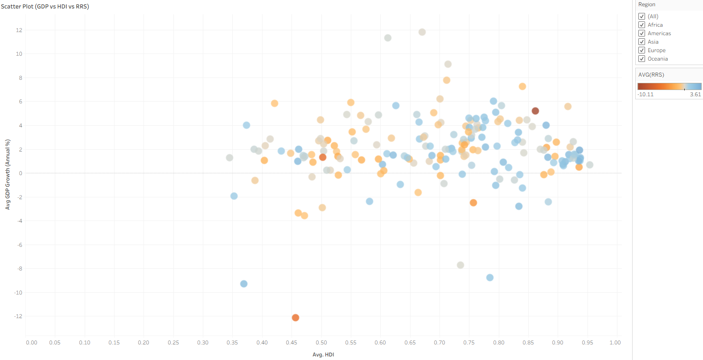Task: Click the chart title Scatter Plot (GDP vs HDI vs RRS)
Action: pos(45,6)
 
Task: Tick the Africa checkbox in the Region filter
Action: pos(642,25)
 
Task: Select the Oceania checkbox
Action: pos(642,59)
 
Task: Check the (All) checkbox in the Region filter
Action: pos(642,16)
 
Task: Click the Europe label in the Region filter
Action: pos(656,50)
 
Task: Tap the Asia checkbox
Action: pos(642,42)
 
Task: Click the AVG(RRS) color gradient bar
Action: pos(669,86)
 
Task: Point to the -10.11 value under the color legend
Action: pos(645,94)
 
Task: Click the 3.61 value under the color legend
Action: pos(695,94)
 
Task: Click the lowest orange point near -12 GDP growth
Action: pos(295,318)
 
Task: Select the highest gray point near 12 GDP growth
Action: pos(422,32)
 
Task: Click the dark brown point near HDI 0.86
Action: pos(535,111)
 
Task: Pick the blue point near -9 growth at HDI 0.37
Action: pos(244,284)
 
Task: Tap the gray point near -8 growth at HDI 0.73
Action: pos(460,265)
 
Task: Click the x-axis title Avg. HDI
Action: pos(323,355)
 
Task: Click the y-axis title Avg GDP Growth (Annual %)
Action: pos(8,174)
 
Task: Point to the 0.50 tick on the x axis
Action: pos(321,343)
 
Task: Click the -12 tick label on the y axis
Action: pos(18,316)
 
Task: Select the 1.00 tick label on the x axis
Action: pos(615,343)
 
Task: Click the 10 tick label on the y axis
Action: pos(19,54)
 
